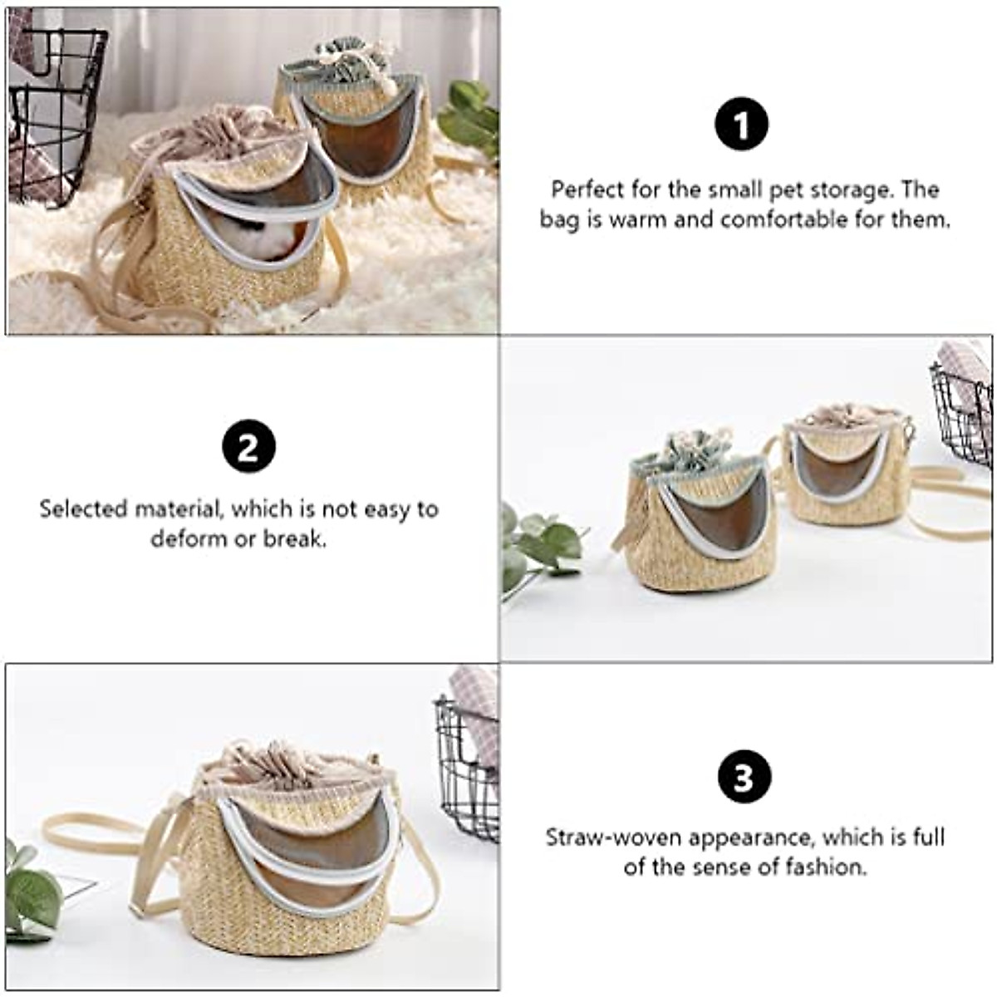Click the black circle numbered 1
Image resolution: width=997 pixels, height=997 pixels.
coord(742,125)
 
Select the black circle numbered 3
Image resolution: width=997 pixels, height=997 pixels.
coord(743,778)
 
